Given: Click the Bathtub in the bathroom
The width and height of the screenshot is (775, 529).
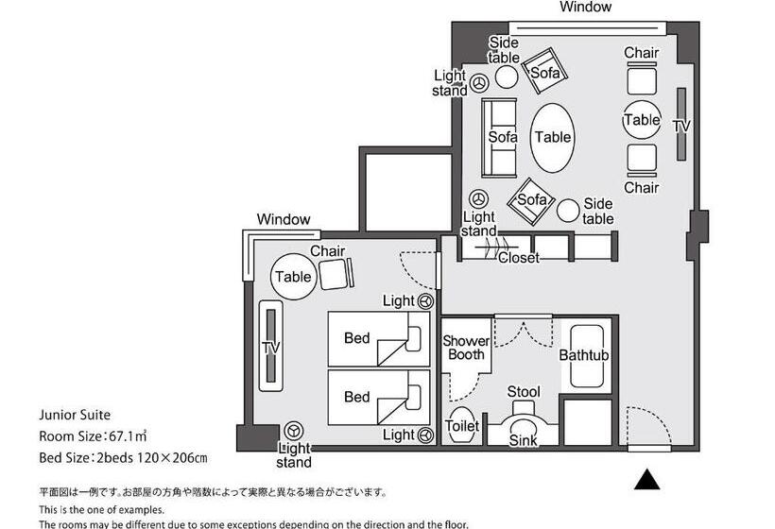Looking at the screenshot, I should (x=584, y=356).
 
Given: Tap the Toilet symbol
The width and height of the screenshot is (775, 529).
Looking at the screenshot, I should (x=462, y=427).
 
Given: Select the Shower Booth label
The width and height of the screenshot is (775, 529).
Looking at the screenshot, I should (x=466, y=348).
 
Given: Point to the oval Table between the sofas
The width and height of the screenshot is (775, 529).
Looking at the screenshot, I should (x=553, y=137).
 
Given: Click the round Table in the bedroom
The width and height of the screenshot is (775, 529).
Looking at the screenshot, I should (x=293, y=278).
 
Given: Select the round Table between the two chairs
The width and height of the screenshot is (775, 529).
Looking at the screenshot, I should (x=642, y=120).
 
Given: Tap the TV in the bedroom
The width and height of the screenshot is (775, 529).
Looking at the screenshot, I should (x=270, y=345).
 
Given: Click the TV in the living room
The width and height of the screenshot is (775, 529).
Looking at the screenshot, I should (x=680, y=125).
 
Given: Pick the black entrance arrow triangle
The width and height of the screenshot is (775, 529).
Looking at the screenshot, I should (x=646, y=480).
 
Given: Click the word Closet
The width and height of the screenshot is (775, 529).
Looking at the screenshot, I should (x=518, y=258).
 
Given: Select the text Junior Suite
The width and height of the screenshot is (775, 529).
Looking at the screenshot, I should (x=75, y=414).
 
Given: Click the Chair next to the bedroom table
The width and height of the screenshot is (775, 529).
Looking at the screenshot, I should (x=335, y=274).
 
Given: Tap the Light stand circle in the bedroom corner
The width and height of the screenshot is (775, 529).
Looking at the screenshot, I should (x=294, y=431).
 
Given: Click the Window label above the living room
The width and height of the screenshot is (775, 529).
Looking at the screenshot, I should (x=585, y=8).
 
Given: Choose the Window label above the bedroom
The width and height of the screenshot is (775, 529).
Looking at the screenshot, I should (x=283, y=219).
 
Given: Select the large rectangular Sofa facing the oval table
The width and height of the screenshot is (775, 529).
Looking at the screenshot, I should (x=501, y=138).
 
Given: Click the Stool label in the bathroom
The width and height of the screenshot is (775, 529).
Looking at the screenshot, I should (x=523, y=392).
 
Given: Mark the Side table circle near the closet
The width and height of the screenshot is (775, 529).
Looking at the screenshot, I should (x=569, y=211).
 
